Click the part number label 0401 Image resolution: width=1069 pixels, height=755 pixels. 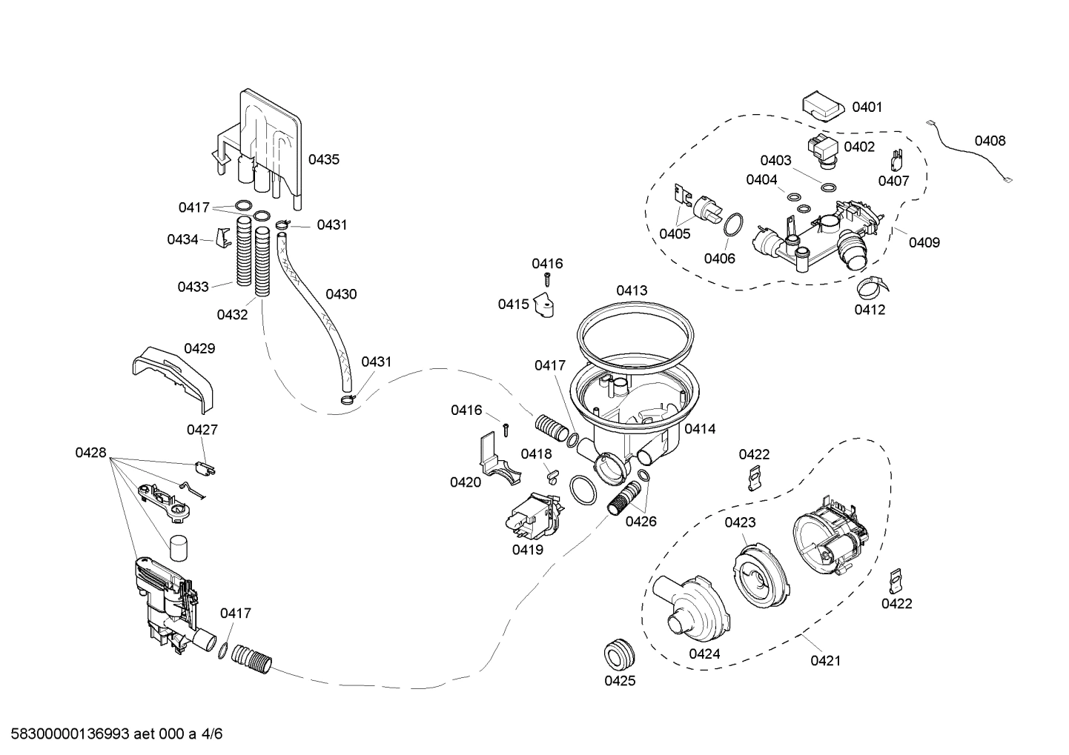[867, 107]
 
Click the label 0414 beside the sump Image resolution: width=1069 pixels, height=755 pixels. [700, 429]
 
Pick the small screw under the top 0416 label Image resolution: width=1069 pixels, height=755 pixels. [547, 279]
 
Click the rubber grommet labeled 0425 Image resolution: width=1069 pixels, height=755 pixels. [620, 652]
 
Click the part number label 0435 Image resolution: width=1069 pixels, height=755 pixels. [324, 159]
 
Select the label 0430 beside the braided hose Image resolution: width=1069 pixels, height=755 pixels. [341, 294]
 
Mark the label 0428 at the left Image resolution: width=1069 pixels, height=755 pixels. [90, 453]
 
